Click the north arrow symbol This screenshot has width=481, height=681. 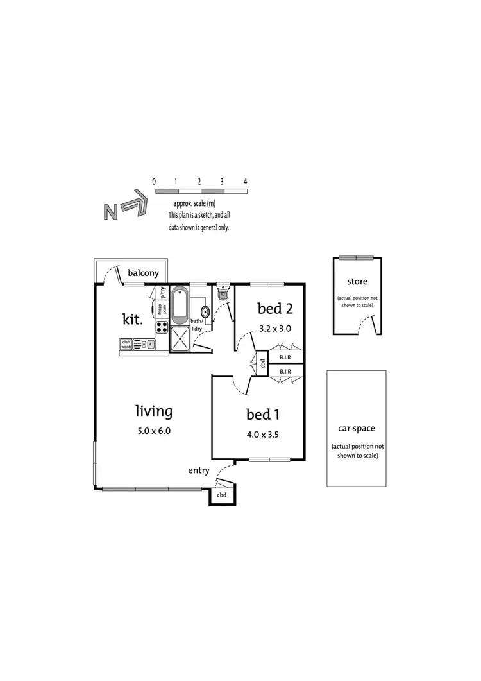[125, 207]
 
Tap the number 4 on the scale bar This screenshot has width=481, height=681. [246, 182]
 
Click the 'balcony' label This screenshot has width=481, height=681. [143, 273]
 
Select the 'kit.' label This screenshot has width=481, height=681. [133, 318]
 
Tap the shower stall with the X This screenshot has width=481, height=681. [180, 338]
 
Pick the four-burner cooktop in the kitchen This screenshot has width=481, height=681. [161, 327]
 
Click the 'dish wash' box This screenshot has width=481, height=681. [126, 345]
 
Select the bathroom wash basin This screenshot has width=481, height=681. [205, 313]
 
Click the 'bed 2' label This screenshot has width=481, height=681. [275, 309]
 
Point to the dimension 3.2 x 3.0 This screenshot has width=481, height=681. [275, 328]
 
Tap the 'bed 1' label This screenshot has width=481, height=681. [262, 414]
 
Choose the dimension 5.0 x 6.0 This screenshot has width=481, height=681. [153, 431]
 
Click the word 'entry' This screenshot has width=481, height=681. [199, 470]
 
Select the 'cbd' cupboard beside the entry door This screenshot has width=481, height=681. [222, 495]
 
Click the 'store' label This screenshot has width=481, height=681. [357, 281]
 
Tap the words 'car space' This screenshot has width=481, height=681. [357, 428]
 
